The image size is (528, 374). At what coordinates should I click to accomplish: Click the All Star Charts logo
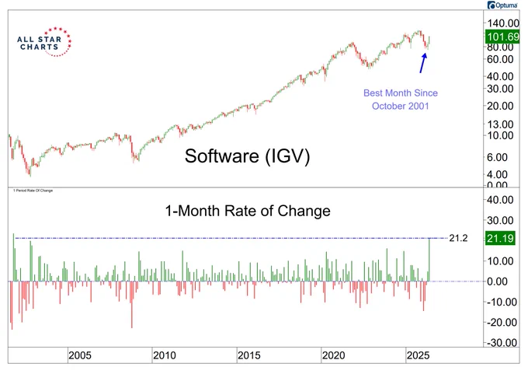point(44,42)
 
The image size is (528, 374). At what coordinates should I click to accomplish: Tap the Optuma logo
point(502,5)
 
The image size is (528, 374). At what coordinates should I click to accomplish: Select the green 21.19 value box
point(500,239)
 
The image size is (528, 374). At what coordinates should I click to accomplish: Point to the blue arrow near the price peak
point(423,63)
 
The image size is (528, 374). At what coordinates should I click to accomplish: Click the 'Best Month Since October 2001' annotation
point(401,100)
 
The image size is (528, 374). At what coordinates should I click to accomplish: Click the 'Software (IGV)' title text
point(247,156)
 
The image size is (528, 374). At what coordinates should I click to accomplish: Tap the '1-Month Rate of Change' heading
point(248,211)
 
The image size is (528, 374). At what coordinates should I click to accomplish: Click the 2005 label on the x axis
point(80,355)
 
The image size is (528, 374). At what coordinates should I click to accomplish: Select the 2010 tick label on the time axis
point(165,355)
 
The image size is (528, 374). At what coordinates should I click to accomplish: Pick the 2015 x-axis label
point(248,355)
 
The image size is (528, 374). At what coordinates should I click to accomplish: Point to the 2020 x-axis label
point(333,355)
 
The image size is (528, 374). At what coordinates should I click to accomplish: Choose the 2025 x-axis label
point(418,355)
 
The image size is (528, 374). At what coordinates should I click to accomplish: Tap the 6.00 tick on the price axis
point(498,157)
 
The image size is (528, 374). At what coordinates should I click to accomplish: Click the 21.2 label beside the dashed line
point(458,239)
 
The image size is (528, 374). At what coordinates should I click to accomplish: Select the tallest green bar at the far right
point(429,260)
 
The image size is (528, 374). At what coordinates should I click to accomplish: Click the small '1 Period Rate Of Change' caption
point(33,190)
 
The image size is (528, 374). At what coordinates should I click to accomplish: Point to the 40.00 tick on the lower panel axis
point(500,200)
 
